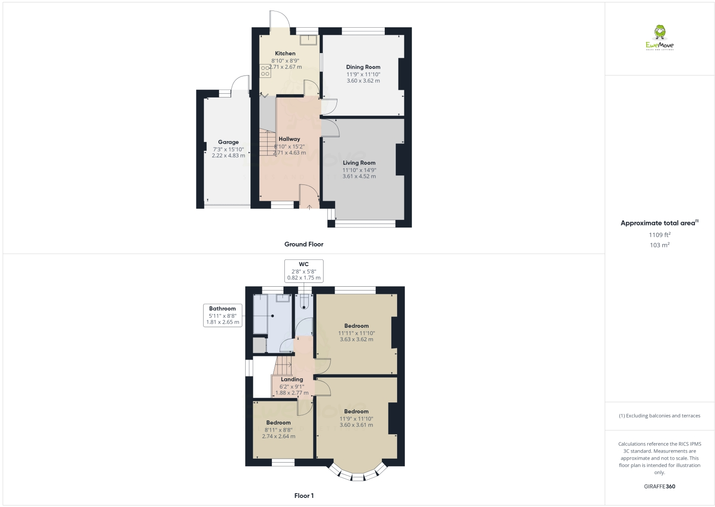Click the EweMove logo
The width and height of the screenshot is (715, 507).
click(x=660, y=37)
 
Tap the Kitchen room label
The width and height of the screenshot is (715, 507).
click(x=285, y=54)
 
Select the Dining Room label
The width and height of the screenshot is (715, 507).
click(x=363, y=67)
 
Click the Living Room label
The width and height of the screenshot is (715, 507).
click(x=359, y=163)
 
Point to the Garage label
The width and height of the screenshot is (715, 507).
click(x=228, y=142)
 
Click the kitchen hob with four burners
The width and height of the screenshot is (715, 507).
click(x=265, y=71)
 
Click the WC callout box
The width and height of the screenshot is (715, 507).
click(x=304, y=271)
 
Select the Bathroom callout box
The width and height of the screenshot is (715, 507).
click(x=222, y=315)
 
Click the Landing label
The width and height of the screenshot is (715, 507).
click(x=292, y=379)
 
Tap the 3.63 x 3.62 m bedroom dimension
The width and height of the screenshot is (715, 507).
click(x=357, y=340)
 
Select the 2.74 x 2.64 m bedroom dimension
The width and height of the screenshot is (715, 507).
click(x=279, y=436)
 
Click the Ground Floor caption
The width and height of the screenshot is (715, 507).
click(x=304, y=244)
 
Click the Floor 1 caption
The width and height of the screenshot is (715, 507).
click(x=304, y=496)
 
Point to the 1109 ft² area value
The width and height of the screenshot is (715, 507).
click(x=660, y=235)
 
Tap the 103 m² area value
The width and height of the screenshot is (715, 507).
click(x=660, y=245)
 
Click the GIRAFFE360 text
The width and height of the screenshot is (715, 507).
click(x=660, y=486)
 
